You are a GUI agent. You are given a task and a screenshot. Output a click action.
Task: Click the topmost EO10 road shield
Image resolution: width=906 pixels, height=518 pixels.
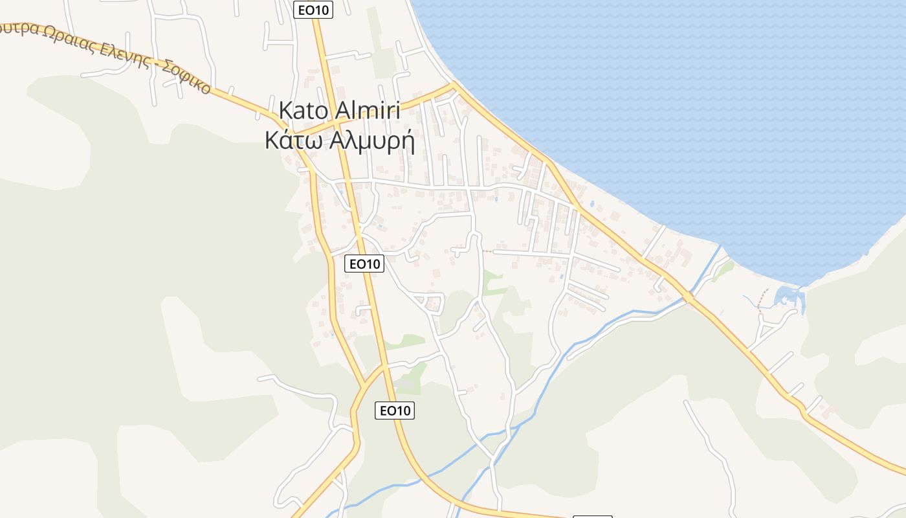[x=313, y=10]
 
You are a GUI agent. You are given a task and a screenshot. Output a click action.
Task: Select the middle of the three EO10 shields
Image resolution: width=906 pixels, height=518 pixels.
[x=365, y=263]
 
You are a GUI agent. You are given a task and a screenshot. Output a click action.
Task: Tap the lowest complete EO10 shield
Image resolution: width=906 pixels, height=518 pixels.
[x=395, y=410]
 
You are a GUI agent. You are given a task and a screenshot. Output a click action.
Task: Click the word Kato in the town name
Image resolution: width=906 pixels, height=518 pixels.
[x=301, y=111]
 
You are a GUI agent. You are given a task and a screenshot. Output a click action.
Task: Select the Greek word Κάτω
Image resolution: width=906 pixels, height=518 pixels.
[x=294, y=140]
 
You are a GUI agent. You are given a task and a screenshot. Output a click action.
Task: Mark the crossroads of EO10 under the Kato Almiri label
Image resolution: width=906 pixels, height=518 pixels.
[x=338, y=122]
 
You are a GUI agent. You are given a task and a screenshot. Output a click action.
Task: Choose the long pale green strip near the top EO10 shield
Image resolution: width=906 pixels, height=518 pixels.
[x=381, y=42]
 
